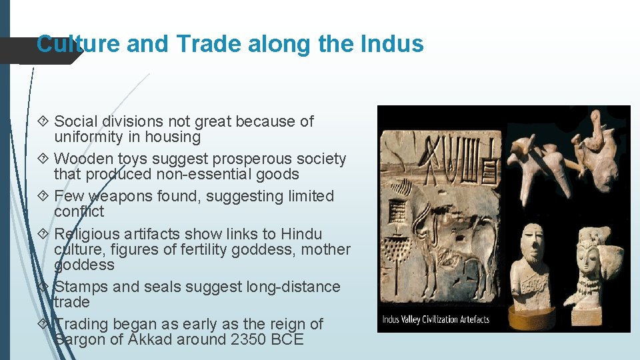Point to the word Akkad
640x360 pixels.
tap(153, 339)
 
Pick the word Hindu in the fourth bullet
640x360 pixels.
tap(301, 234)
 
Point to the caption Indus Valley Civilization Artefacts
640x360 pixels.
tap(435, 319)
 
